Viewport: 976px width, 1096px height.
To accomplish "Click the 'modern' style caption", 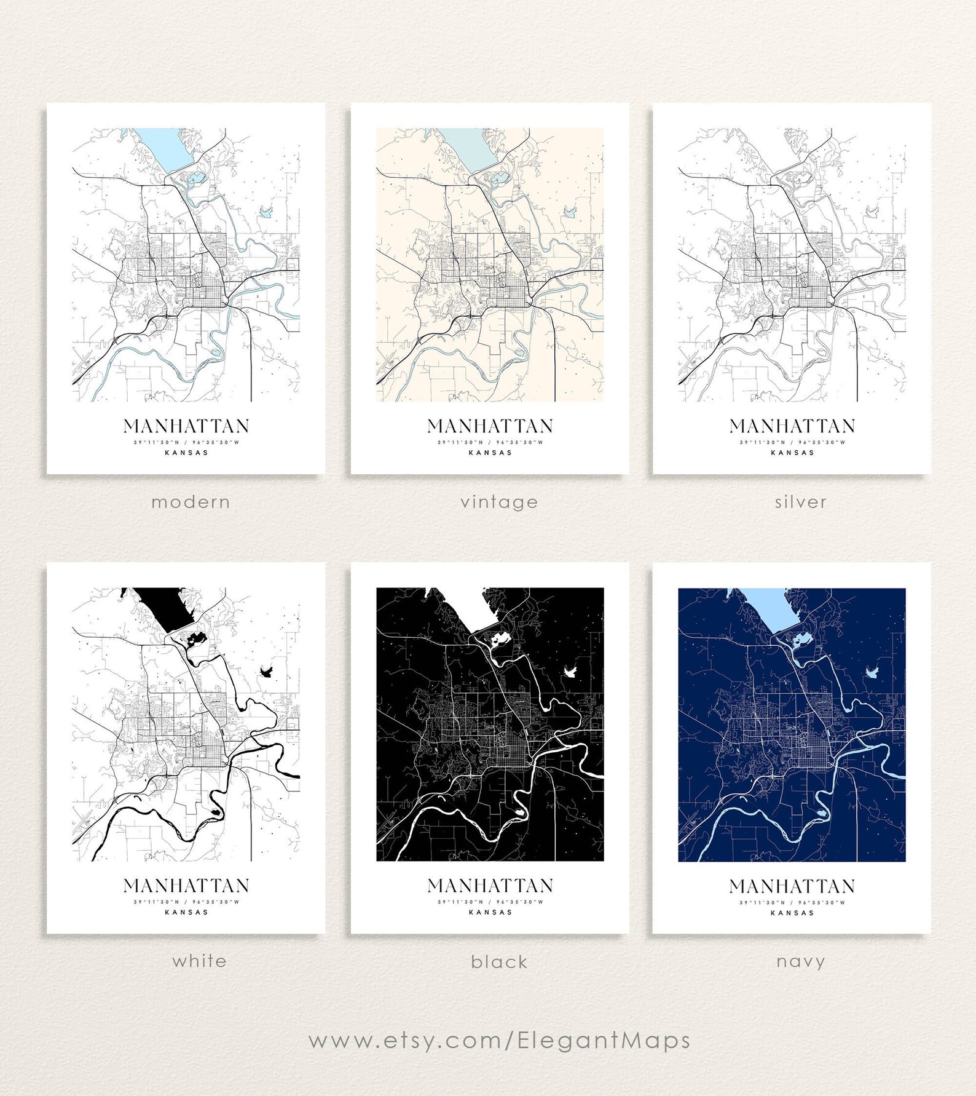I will pyautogui.click(x=191, y=502).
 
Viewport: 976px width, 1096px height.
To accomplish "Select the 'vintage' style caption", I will pyautogui.click(x=499, y=502).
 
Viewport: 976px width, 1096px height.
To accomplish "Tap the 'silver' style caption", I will pyautogui.click(x=800, y=502).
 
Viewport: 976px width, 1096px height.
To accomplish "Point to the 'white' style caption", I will pyautogui.click(x=199, y=961).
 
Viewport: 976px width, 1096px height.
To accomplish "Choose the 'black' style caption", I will pyautogui.click(x=499, y=961).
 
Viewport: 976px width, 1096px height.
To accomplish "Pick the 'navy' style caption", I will pyautogui.click(x=800, y=961).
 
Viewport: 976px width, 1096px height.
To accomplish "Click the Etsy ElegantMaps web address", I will pyautogui.click(x=499, y=1041).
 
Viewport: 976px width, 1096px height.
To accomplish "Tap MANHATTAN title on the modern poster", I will pyautogui.click(x=186, y=426).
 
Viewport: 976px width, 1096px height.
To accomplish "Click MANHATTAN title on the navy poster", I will pyautogui.click(x=792, y=886).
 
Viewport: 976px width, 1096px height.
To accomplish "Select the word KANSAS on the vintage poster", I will pyautogui.click(x=490, y=453).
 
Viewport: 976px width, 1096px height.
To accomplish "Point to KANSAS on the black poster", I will pyautogui.click(x=490, y=912).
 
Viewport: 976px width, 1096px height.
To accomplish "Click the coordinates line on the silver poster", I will pyautogui.click(x=792, y=442).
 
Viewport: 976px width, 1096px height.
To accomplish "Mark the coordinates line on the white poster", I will pyautogui.click(x=186, y=902).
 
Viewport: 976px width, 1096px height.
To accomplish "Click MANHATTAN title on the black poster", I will pyautogui.click(x=490, y=886).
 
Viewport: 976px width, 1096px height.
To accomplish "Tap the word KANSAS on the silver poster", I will pyautogui.click(x=792, y=453).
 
